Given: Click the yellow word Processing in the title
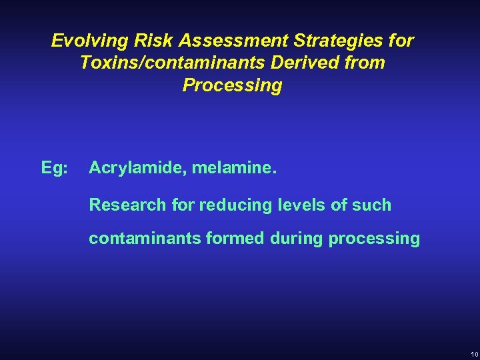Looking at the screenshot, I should (x=232, y=86).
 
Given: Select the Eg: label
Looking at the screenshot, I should (x=54, y=169).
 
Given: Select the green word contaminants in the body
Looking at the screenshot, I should (x=143, y=239).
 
